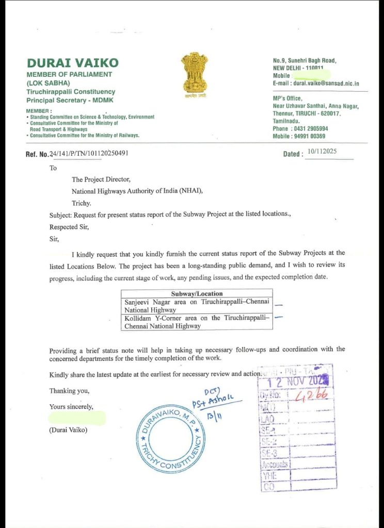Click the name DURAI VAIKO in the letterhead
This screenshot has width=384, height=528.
pos(72,63)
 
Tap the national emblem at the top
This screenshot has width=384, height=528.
pos(194,75)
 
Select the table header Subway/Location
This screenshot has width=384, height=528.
pos(197,294)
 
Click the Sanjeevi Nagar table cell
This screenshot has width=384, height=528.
pos(197,306)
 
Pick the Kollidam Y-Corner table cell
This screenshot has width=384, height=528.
pos(197,322)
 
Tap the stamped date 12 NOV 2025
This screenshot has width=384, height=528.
pos(296,382)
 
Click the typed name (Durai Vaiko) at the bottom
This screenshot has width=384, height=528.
pos(68,430)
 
